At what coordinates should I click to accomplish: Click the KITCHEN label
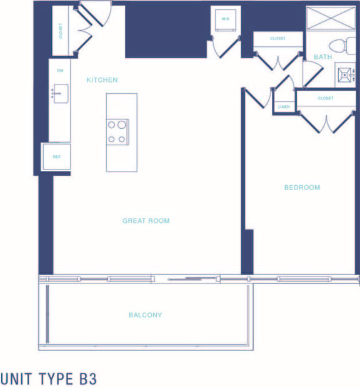(x=102, y=80)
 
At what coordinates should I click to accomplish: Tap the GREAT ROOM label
(x=146, y=221)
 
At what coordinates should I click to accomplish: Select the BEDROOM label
(x=302, y=188)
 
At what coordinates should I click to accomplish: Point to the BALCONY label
(x=145, y=315)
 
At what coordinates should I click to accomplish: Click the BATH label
(x=323, y=57)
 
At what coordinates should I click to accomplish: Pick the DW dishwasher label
(x=61, y=71)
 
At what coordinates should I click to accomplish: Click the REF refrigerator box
(x=56, y=157)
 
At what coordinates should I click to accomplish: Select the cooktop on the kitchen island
(x=117, y=132)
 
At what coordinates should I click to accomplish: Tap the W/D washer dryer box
(x=226, y=19)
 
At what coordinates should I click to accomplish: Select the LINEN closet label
(x=284, y=107)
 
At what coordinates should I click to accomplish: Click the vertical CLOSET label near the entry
(x=61, y=31)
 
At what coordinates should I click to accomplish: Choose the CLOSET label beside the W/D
(x=277, y=39)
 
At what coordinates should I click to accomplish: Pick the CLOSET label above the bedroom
(x=325, y=98)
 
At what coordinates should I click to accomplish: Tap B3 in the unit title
(x=87, y=379)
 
